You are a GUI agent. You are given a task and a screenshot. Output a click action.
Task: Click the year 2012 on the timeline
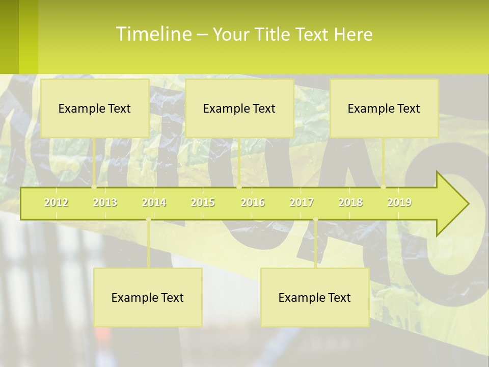[56, 202]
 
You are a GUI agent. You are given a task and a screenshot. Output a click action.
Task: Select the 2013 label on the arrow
[105, 202]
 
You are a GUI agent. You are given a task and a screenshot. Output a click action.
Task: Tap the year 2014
[154, 202]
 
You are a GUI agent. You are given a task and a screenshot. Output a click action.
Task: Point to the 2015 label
[203, 202]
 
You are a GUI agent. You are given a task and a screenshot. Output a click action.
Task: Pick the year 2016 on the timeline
[253, 202]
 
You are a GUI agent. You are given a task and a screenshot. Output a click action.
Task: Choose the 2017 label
[302, 202]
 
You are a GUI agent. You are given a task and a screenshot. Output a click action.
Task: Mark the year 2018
[350, 202]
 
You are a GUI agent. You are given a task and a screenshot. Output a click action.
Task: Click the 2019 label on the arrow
[399, 202]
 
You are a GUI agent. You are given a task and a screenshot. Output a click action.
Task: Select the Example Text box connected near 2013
[95, 108]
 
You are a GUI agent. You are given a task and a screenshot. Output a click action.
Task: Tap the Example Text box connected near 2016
[239, 108]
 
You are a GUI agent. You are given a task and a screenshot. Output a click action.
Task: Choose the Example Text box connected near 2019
[384, 108]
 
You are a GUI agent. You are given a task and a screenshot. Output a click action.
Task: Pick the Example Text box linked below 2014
[148, 297]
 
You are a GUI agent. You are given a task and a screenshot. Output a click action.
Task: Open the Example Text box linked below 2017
[315, 297]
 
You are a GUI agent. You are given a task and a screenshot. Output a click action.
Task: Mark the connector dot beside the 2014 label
[148, 220]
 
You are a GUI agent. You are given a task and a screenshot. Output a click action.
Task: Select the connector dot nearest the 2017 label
[315, 220]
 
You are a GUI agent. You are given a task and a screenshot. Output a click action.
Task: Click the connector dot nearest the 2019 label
[384, 187]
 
